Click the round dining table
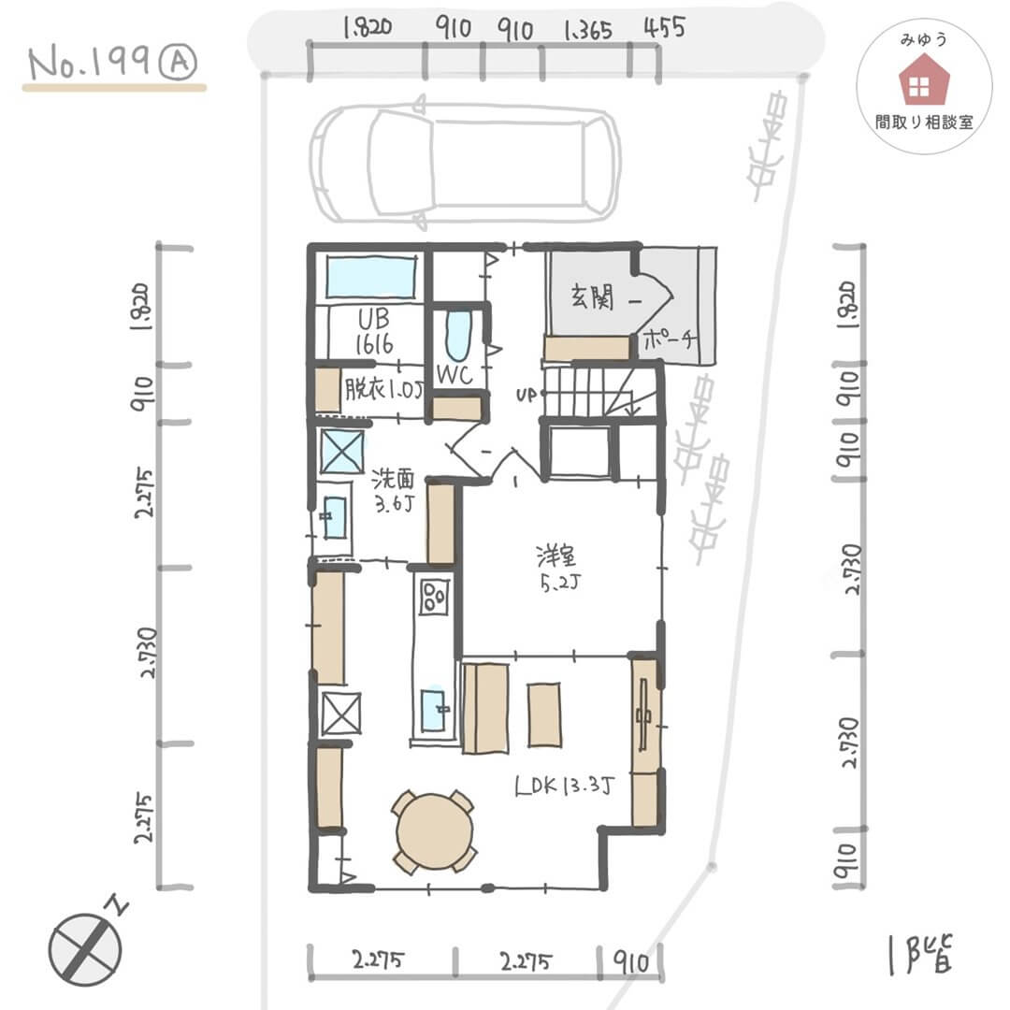[434, 831]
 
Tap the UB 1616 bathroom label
[374, 331]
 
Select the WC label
[454, 374]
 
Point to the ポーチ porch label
[670, 339]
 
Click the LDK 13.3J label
[565, 786]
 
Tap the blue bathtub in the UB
[371, 278]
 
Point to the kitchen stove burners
[434, 597]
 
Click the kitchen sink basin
[433, 711]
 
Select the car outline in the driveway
[465, 164]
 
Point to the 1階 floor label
[921, 954]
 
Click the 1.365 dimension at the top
[587, 30]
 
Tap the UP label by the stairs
[526, 395]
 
